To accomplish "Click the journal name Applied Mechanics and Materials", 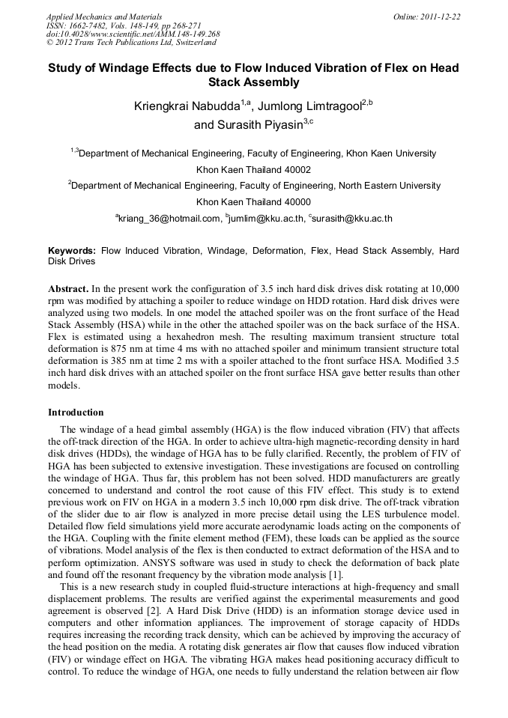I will [x=104, y=16].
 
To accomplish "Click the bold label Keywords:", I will [x=72, y=251].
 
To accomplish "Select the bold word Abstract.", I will [x=69, y=288].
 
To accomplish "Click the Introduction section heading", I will [x=76, y=413].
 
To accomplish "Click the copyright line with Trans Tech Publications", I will [x=121, y=43].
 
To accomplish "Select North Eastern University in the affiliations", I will [x=389, y=186].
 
